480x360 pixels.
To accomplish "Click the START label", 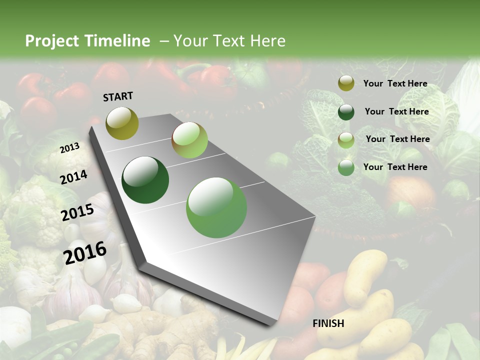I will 118,96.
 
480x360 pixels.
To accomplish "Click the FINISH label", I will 328,323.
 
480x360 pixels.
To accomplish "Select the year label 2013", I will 70,147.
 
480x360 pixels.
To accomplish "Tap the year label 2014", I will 74,177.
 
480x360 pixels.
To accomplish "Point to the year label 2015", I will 77,212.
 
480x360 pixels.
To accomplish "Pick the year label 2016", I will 85,253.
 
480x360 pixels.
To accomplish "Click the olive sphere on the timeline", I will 122,123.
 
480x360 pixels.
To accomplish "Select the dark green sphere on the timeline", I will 145,180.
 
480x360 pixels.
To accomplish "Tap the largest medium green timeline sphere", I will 216,207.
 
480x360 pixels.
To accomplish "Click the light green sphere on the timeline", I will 189,140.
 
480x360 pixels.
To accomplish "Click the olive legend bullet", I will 346,83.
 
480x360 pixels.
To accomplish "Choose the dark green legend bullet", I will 346,112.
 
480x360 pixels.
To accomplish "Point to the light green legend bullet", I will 346,140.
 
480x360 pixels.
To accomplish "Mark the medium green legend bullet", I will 346,168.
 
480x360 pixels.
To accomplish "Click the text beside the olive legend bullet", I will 395,83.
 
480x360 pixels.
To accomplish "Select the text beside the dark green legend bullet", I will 396,111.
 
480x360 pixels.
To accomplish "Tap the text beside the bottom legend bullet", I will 395,167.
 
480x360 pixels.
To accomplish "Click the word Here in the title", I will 267,41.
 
